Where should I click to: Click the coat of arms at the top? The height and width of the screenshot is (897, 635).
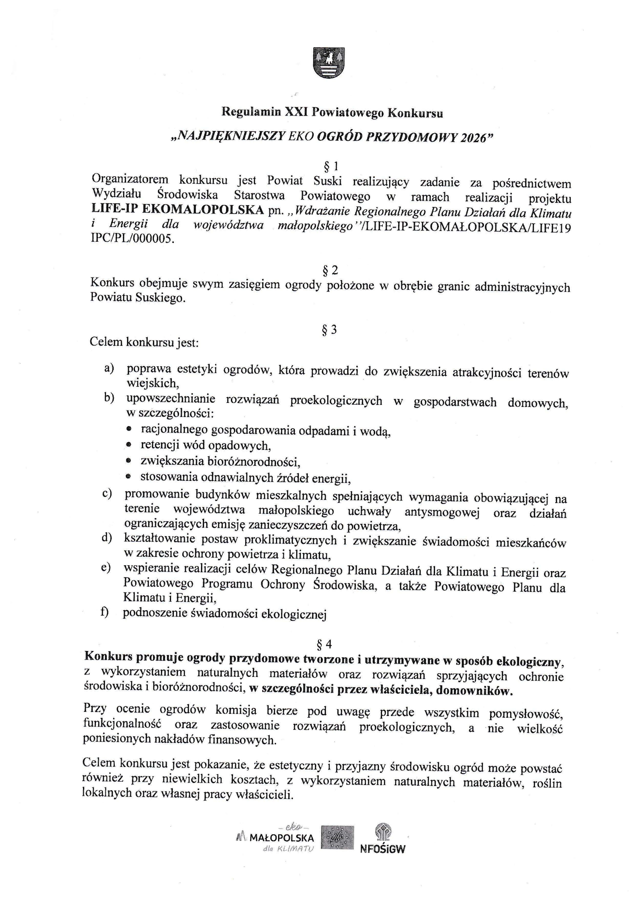329,62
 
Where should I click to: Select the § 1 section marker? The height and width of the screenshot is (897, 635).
331,167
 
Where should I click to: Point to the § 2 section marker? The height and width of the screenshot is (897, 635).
330,270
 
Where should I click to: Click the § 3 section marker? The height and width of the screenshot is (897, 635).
329,330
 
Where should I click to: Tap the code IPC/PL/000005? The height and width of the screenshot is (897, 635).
132,239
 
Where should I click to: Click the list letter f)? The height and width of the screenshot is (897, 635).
105,612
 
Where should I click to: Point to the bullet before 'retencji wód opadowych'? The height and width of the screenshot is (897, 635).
129,445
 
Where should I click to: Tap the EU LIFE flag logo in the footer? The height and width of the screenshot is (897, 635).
337,838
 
